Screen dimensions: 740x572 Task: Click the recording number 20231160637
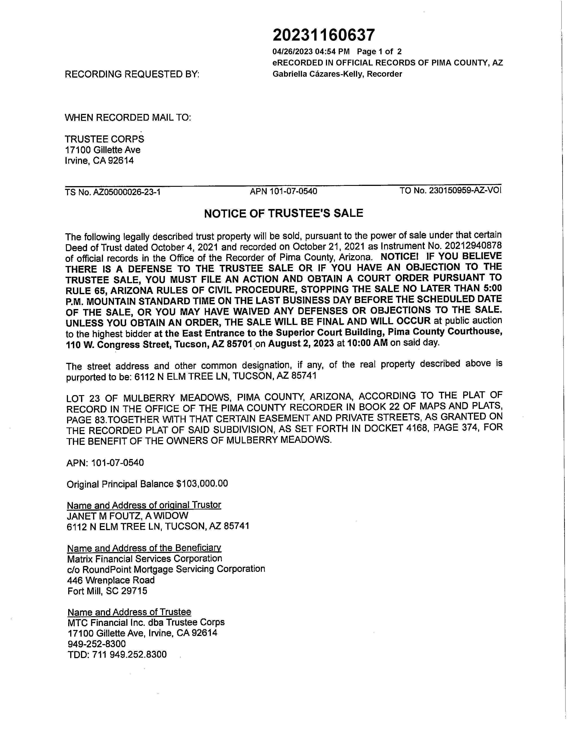pos(324,35)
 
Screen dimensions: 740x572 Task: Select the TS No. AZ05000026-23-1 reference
pos(113,192)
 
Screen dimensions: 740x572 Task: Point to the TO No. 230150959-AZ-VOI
pos(450,190)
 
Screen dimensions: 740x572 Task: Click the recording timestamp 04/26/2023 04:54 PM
pos(311,52)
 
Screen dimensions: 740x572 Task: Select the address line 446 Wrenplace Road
pos(111,580)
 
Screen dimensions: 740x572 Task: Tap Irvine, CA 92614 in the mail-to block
pos(99,161)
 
